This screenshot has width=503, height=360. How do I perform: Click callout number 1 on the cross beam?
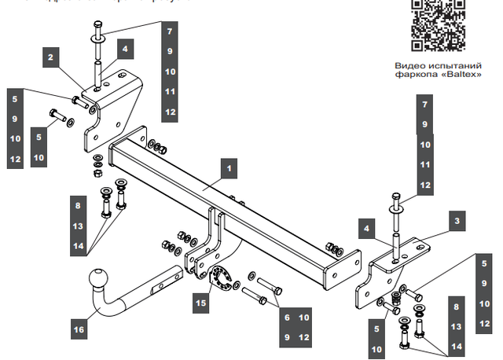click(x=228, y=168)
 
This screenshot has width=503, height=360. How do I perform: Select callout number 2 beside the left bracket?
click(x=50, y=57)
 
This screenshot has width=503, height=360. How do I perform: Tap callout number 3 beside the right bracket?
click(x=455, y=222)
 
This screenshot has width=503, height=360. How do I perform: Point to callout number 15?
click(x=200, y=299)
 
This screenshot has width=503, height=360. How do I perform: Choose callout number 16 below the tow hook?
click(x=79, y=329)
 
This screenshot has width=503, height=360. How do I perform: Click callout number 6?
click(x=288, y=317)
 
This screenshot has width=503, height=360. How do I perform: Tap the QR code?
click(x=437, y=24)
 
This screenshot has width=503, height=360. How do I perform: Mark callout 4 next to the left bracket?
click(x=125, y=48)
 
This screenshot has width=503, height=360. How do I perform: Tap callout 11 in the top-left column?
click(x=170, y=91)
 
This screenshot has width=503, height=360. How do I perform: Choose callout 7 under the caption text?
click(x=424, y=104)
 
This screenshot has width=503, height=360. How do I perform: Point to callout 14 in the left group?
click(x=78, y=246)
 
